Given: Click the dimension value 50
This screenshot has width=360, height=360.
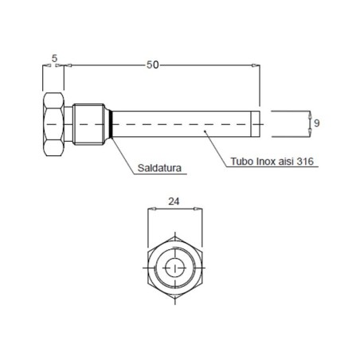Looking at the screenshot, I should (x=152, y=64).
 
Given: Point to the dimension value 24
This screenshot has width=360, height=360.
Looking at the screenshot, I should (x=174, y=202).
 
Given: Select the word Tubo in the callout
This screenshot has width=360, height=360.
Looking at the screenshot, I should (x=241, y=161).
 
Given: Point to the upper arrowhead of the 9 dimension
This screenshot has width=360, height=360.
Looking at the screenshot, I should (x=307, y=115).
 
